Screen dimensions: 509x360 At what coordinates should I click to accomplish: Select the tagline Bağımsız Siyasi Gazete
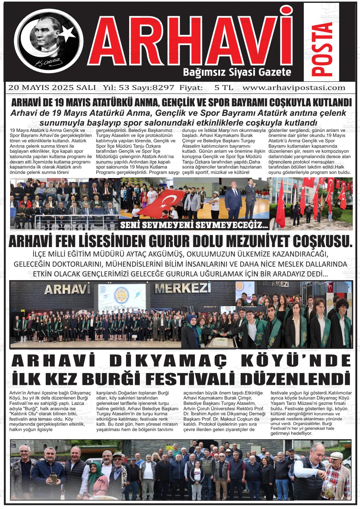tap(237, 73)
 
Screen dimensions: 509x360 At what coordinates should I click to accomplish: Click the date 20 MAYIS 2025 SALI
tap(52, 88)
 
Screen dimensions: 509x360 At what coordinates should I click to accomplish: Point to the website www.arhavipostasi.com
tap(295, 88)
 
